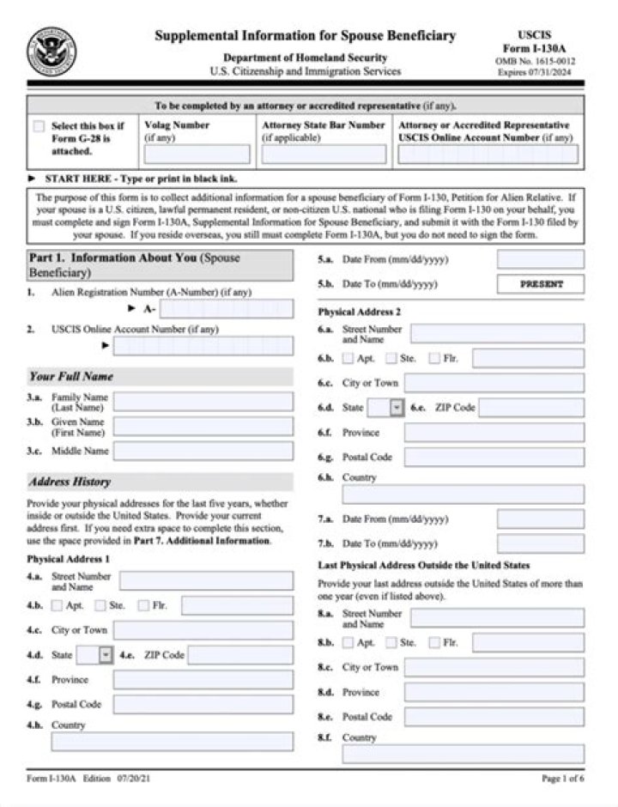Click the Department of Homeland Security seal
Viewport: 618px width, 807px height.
click(52, 51)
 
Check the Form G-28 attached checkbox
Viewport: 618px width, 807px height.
click(39, 126)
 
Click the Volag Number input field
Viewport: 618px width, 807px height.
click(197, 155)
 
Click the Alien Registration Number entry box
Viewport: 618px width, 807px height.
click(226, 309)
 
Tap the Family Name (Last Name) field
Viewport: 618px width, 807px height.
click(203, 402)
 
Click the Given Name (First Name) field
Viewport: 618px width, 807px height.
click(203, 427)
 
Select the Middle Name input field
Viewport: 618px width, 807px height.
click(203, 451)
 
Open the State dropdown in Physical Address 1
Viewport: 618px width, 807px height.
click(106, 655)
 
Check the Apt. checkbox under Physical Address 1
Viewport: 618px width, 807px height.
click(57, 606)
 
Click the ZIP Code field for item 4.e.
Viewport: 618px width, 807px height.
click(239, 655)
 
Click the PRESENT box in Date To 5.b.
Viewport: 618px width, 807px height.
click(541, 284)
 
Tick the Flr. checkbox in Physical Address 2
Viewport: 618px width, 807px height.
click(434, 358)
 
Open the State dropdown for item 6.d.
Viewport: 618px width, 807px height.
click(396, 408)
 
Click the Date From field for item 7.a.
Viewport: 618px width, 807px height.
click(541, 519)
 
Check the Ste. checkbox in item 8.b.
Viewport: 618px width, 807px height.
click(391, 642)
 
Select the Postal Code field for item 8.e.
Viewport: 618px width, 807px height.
click(494, 717)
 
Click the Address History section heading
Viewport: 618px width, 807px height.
click(69, 482)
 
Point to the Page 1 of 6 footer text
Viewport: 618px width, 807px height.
click(562, 779)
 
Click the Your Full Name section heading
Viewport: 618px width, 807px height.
click(70, 376)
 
